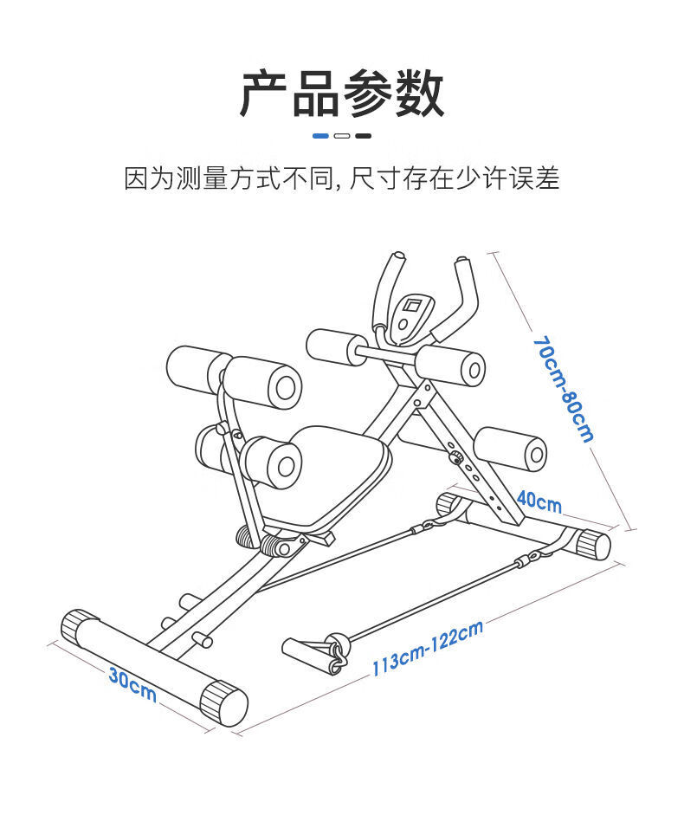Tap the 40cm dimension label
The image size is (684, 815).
(539, 501)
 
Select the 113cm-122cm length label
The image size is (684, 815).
(427, 648)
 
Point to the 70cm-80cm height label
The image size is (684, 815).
(564, 389)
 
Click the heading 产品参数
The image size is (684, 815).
(342, 94)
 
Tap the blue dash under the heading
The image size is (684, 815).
(320, 136)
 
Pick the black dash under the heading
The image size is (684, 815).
(364, 136)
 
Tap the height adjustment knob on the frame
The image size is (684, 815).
(456, 458)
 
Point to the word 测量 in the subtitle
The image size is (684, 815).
(202, 178)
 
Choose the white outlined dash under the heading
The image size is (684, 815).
(342, 136)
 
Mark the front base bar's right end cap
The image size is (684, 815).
(224, 704)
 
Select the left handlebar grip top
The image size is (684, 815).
(397, 258)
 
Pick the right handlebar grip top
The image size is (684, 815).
(462, 261)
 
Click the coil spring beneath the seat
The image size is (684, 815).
(274, 544)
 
